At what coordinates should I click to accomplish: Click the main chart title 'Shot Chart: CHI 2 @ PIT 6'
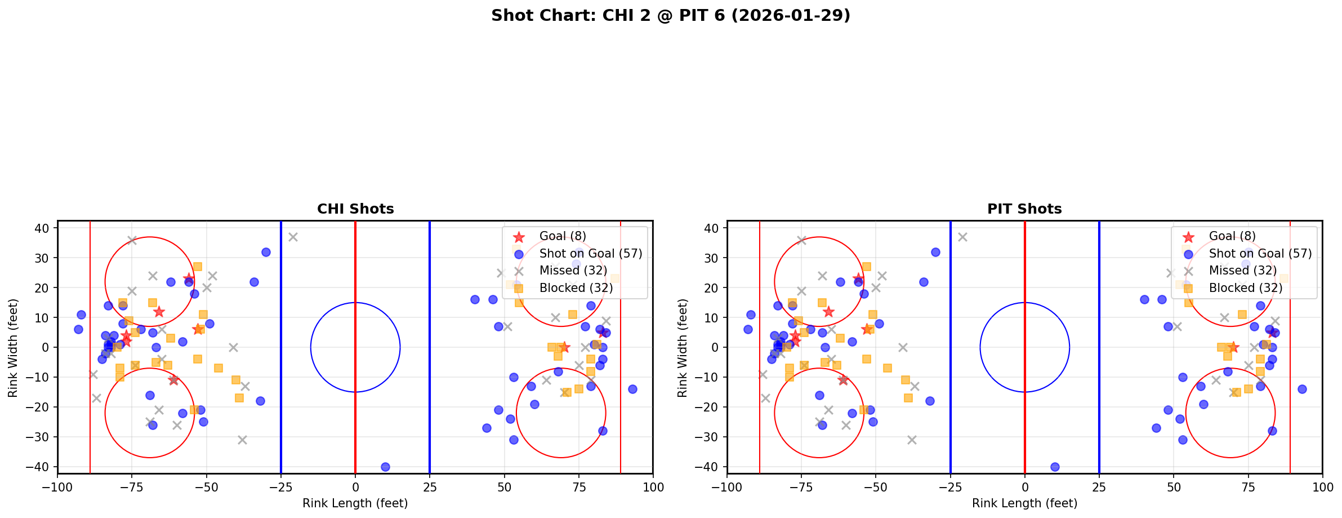coord(670,16)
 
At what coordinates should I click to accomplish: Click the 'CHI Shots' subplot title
coord(355,209)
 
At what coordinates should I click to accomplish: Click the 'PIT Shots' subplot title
coord(1024,209)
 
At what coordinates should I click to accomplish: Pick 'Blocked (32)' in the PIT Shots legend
coord(1246,288)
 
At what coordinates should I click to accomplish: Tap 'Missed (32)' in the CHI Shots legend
coord(573,271)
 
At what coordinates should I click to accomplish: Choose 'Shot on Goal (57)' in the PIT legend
coord(1260,254)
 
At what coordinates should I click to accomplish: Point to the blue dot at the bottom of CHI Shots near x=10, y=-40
coord(385,467)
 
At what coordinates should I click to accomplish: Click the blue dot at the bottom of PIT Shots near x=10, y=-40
coord(1055,467)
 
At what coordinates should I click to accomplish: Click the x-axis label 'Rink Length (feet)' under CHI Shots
coord(355,503)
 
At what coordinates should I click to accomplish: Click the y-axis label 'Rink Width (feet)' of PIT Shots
coord(683,347)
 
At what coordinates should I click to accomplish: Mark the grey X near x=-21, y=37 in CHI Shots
coord(293,237)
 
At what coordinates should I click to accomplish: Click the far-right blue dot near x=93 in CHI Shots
coord(632,389)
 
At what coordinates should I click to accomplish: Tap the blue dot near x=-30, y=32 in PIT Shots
coord(935,252)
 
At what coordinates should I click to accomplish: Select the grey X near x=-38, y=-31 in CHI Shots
coord(242,440)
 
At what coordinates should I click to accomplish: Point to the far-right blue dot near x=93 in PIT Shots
coord(1302,389)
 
